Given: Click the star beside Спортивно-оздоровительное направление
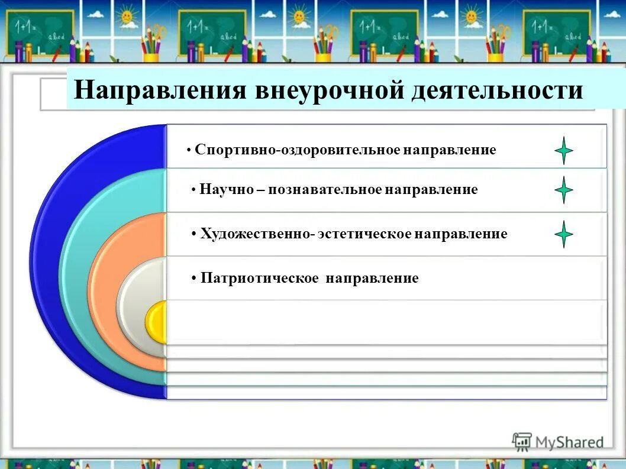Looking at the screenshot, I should click(x=564, y=151).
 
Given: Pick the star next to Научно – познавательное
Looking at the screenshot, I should click(x=564, y=190).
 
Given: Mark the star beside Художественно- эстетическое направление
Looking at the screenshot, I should click(x=564, y=234).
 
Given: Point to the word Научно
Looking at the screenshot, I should click(x=228, y=190).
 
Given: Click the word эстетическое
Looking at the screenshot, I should click(x=364, y=234).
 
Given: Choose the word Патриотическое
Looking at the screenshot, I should click(x=260, y=278).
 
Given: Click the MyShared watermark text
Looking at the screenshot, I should click(x=569, y=442).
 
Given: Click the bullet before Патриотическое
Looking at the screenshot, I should click(x=194, y=279).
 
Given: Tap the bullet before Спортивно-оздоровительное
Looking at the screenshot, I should click(x=188, y=151).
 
